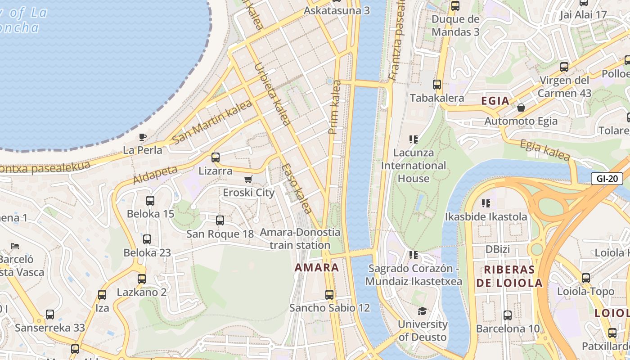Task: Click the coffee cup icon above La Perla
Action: [x=143, y=137]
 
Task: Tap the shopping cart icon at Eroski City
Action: [x=248, y=180]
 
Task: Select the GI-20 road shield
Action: [x=607, y=179]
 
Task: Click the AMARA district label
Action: [x=317, y=267]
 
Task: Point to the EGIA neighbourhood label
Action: [x=495, y=101]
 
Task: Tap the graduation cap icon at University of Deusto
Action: [x=422, y=311]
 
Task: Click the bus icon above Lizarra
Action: [x=216, y=157]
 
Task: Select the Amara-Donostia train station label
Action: [x=300, y=238]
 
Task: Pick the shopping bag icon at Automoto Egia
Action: [x=521, y=108]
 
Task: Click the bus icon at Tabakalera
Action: [x=436, y=85]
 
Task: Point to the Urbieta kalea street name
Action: [x=272, y=94]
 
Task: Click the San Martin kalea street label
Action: [x=212, y=121]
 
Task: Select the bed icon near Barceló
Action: [x=15, y=246]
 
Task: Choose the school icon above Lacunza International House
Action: [x=413, y=139]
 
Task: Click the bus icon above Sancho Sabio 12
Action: [x=329, y=295]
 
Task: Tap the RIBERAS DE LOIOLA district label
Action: [x=509, y=276]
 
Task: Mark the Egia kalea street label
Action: [x=545, y=150]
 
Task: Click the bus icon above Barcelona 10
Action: [x=508, y=315]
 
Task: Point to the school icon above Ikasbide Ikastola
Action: [x=486, y=203]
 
